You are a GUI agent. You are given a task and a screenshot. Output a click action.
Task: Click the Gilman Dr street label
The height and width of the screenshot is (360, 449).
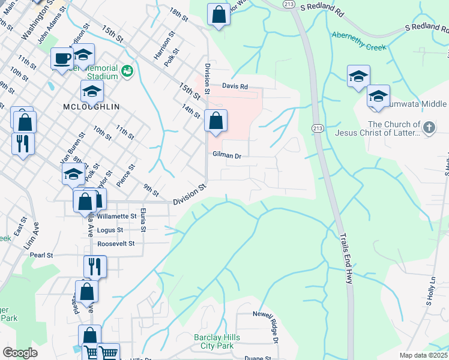226,155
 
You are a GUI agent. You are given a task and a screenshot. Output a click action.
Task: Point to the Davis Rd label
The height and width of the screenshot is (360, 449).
235,86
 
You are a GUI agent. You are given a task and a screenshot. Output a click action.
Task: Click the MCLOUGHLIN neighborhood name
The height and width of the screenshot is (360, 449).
91,106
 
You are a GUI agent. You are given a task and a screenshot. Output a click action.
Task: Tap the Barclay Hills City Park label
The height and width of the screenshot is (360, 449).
217,341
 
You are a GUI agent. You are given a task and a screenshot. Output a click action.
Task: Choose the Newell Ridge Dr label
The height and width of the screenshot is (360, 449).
266,327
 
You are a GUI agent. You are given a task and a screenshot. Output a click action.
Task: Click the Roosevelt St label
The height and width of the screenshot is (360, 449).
116,244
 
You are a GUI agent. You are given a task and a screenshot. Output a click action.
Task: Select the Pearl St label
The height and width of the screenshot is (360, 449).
42,255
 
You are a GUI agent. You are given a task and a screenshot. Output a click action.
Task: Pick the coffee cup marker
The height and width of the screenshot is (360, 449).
62,59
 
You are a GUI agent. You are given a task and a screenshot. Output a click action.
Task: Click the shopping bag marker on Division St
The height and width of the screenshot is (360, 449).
215,121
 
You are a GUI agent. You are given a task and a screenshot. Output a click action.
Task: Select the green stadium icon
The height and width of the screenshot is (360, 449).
127,72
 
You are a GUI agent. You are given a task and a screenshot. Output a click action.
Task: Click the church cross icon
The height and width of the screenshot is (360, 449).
428,127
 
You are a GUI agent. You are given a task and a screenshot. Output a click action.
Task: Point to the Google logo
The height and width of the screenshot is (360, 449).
20,353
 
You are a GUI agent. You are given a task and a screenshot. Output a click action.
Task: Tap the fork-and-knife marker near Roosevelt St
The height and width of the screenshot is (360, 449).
95,266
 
